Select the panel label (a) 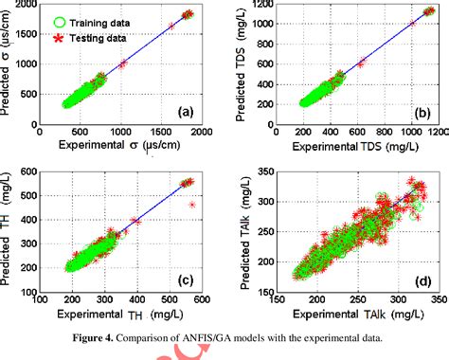click(x=186, y=112)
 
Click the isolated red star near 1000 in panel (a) click(x=123, y=63)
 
